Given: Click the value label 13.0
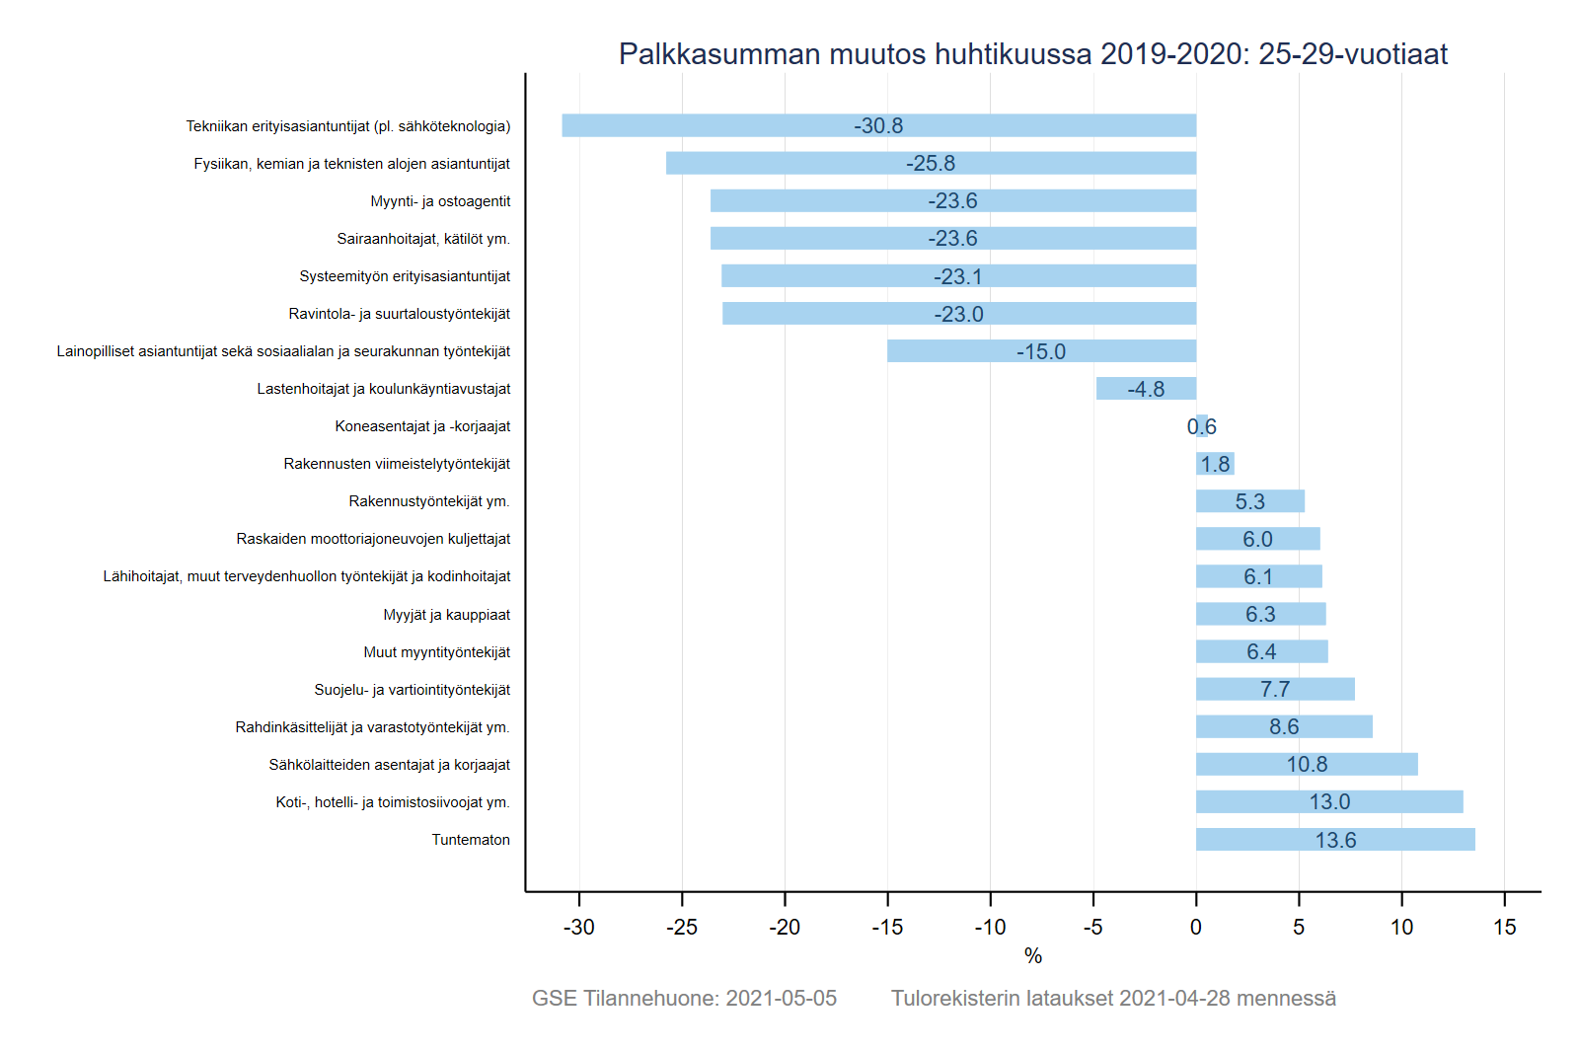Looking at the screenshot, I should pos(1329,802).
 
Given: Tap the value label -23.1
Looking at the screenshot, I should pos(957,276).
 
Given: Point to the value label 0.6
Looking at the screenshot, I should pos(1201,426).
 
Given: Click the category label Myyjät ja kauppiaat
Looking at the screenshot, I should pos(446,615).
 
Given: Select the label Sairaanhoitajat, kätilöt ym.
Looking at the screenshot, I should pos(423,239).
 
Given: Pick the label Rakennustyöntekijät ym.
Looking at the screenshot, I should pos(429,501).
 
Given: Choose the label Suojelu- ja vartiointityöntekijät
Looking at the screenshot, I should pos(413,690).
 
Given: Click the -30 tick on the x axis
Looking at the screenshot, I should pos(579,927).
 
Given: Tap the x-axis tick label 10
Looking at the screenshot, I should pos(1401,927).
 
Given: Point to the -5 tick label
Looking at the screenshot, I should pos(1092,927).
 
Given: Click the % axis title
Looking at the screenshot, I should pos(1033,955).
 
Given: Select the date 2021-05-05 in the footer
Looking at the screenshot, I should pos(781,998).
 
